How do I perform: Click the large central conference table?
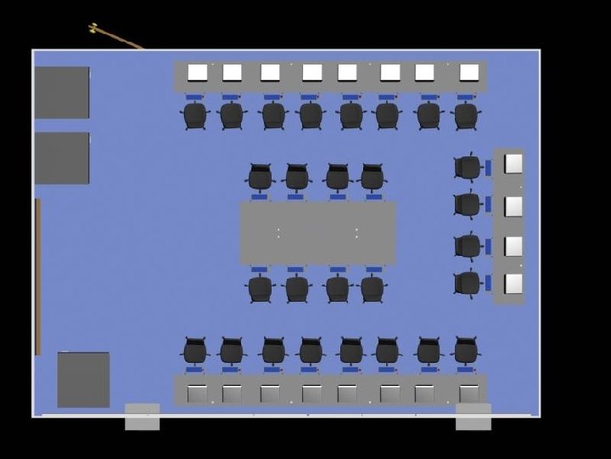coord(317,232)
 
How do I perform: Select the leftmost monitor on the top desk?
coord(197,73)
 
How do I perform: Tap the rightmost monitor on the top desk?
coord(468,73)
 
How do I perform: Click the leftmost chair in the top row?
coord(195,115)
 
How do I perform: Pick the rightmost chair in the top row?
coord(465,115)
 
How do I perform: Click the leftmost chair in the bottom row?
coord(195,350)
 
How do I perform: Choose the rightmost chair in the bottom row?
coord(465,349)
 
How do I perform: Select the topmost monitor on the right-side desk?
coord(513,163)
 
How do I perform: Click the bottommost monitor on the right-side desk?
coord(513,283)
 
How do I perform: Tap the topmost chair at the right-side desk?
coord(468,167)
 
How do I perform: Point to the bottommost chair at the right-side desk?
coord(468,282)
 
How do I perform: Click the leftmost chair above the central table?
coord(260,178)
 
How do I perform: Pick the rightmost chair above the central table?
coord(373,178)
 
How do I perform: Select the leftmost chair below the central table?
coord(260,288)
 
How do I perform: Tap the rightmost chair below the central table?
coord(373,288)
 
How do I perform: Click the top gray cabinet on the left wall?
coord(62,92)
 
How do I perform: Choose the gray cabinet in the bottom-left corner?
coord(83,379)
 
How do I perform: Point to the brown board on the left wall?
coord(38,276)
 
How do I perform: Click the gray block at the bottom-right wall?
coord(473,416)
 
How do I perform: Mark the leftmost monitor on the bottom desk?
coord(197,394)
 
